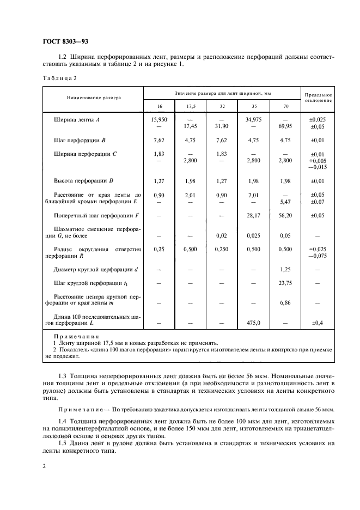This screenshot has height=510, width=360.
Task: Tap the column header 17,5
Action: point(191,105)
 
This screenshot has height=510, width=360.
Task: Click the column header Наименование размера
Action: point(94,98)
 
